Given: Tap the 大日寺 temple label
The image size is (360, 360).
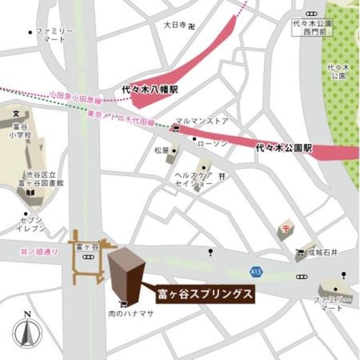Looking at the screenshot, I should tap(174, 25).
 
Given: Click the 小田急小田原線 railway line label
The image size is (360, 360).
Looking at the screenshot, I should tap(74, 96).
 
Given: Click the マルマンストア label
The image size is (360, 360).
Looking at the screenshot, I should tap(201, 121).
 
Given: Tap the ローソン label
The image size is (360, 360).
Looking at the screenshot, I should tap(213, 144).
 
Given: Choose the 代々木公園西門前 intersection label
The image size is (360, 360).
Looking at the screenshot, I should tap(312, 28).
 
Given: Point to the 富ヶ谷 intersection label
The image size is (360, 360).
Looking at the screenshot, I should tap(87, 247).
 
